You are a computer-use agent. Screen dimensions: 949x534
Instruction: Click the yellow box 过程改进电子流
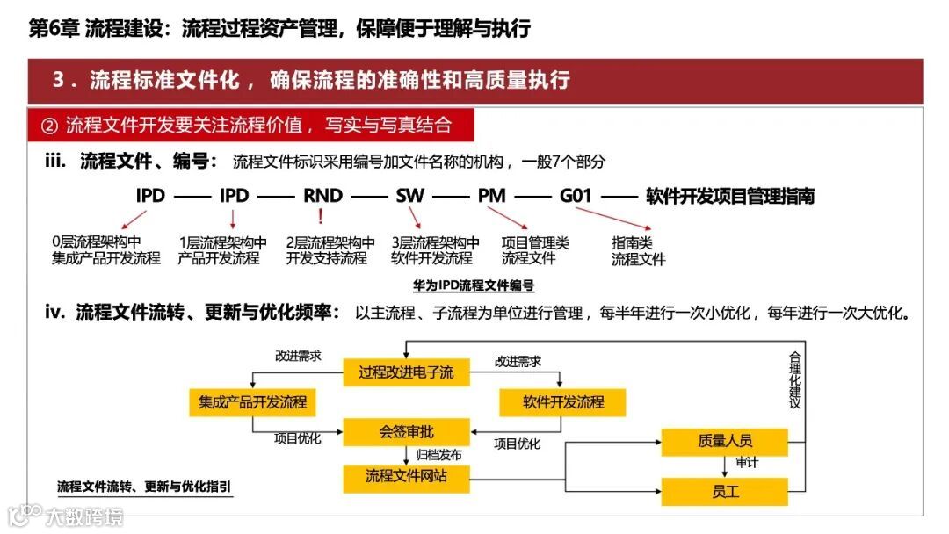click(x=406, y=372)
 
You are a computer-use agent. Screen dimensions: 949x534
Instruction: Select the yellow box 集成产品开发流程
click(x=252, y=402)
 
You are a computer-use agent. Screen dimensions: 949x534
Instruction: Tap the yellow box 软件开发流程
click(x=563, y=402)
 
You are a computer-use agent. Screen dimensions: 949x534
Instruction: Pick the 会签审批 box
click(x=406, y=432)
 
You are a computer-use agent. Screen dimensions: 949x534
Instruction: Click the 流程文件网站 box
click(x=406, y=476)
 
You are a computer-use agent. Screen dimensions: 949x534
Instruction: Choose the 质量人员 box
click(x=725, y=442)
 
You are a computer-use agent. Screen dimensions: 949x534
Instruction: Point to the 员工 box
click(x=725, y=491)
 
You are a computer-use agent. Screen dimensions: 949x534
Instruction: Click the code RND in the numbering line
click(x=322, y=196)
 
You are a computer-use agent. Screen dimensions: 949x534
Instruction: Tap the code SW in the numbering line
click(x=409, y=196)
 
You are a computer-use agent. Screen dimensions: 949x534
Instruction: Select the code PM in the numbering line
click(x=492, y=196)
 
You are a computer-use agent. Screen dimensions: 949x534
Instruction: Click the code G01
click(x=576, y=196)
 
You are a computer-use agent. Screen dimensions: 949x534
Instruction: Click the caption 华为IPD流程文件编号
click(x=474, y=285)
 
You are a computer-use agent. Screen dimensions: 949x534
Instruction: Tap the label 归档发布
click(x=438, y=455)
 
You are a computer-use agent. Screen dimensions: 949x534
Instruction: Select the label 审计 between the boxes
click(x=747, y=463)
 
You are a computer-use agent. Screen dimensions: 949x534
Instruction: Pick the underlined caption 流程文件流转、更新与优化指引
click(x=144, y=486)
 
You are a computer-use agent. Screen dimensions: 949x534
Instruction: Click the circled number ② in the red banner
click(x=49, y=126)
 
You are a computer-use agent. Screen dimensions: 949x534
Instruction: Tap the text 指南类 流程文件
click(x=638, y=251)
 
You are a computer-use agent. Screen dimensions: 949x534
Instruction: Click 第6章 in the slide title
click(x=54, y=29)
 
